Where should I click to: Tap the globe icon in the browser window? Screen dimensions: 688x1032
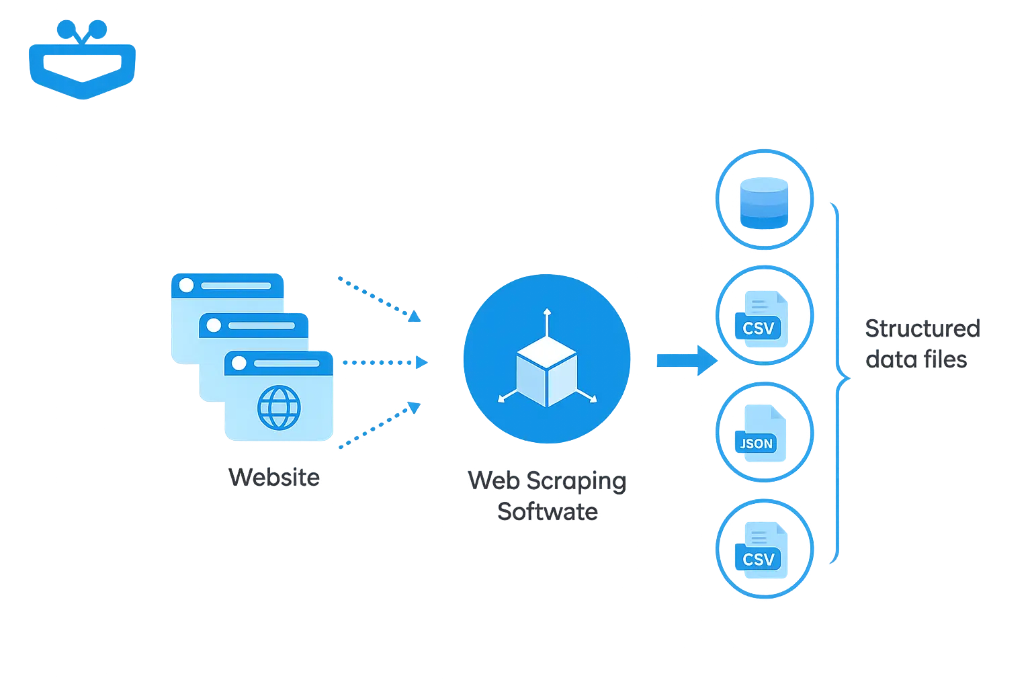[279, 407]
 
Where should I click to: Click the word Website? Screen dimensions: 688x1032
[274, 478]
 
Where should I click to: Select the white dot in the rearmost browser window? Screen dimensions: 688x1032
[186, 285]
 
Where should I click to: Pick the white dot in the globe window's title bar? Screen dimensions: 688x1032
[239, 363]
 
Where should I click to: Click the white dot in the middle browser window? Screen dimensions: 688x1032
[214, 326]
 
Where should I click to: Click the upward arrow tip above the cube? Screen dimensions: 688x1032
[547, 312]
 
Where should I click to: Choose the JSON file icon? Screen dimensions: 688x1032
[758, 433]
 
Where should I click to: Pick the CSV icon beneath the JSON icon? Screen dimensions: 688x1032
[759, 549]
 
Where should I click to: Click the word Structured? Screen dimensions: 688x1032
[921, 329]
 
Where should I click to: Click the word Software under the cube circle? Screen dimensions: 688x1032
[547, 512]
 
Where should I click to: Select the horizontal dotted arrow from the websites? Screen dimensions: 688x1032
[383, 363]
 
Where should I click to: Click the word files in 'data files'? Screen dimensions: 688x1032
[945, 360]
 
